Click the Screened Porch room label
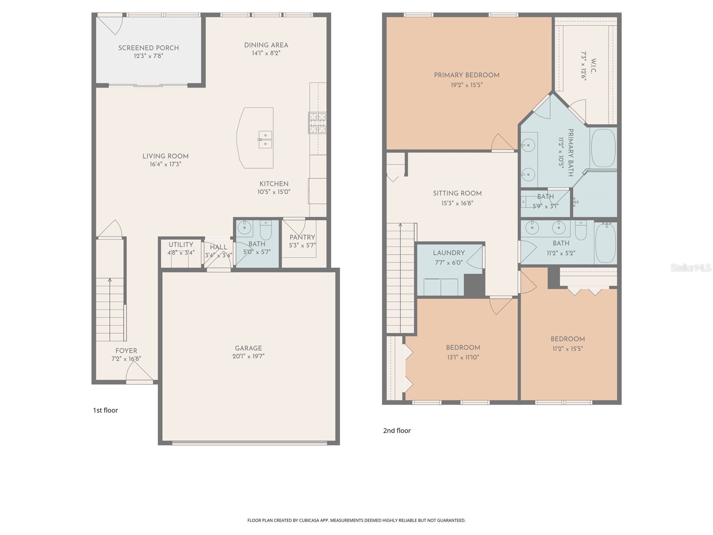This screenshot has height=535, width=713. point(148,48)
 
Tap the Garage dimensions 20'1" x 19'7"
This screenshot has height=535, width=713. point(249,356)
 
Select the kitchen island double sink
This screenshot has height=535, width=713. point(266,140)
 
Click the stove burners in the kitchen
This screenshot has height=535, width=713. point(317,123)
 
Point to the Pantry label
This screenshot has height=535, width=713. point(303,238)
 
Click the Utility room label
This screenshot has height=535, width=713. point(181,245)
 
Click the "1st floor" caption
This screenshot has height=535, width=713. point(106,410)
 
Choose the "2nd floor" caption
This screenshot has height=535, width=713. point(397,431)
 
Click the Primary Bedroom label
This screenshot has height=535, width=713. point(467,75)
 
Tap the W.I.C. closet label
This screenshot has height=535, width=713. point(594,66)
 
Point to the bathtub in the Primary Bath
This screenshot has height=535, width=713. point(603,148)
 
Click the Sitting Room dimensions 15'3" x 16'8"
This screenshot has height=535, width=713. point(457,203)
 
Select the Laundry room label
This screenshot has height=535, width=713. point(449,253)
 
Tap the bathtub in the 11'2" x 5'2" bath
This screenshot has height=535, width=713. point(605,243)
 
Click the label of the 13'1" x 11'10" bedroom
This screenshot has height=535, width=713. point(463,348)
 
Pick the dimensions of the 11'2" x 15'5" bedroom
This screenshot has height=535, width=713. point(568,349)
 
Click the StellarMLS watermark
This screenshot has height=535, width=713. point(691,267)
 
